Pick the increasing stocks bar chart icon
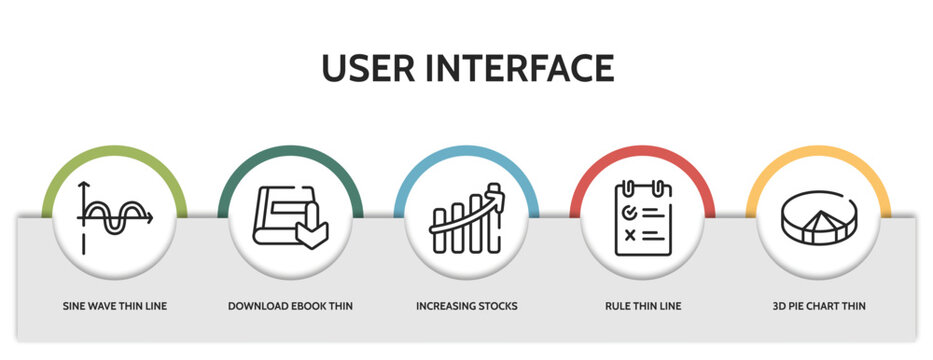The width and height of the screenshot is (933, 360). click(466, 219)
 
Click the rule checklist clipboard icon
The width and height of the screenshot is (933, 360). click(642, 218)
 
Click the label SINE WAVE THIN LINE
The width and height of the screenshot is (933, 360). click(115, 306)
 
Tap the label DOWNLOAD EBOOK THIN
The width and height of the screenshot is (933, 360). click(290, 306)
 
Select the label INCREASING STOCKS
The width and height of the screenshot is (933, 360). click(466, 306)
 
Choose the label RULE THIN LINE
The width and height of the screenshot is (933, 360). click(642, 306)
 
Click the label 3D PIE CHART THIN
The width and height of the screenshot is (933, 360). click(818, 306)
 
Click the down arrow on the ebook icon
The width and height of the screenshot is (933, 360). click(309, 231)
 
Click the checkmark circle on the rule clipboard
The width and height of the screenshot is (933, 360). click(629, 213)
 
